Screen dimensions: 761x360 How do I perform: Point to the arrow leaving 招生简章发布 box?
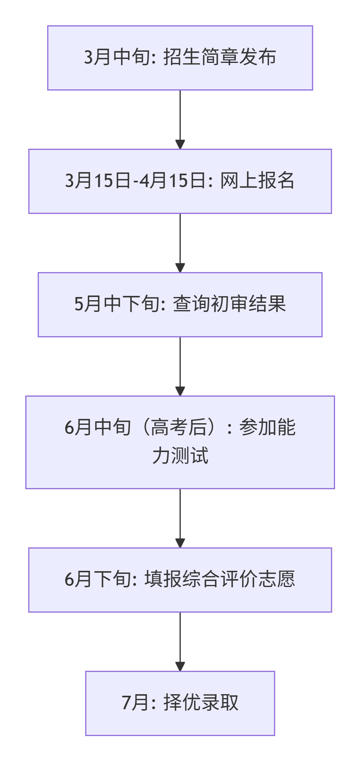(180, 119)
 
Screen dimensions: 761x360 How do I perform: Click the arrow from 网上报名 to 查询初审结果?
(180, 242)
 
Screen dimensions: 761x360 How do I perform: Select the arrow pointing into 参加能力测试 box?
(180, 366)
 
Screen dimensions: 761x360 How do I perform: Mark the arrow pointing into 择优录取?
(180, 641)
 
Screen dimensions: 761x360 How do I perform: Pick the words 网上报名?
(257, 181)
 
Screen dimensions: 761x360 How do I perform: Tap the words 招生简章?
(200, 57)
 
